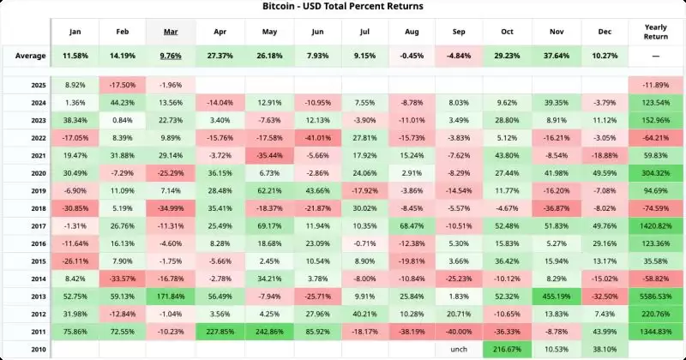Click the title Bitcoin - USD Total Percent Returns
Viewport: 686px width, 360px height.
click(x=343, y=6)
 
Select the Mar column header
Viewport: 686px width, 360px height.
click(x=171, y=33)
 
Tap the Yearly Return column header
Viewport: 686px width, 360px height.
click(x=654, y=33)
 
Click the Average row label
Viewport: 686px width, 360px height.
click(x=30, y=56)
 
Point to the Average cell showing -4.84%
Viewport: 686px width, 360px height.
click(x=460, y=56)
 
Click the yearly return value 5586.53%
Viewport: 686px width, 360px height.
click(x=654, y=297)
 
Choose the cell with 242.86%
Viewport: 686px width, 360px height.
click(x=268, y=331)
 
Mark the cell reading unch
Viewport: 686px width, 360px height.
click(x=460, y=349)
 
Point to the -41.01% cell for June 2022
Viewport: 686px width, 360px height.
click(x=316, y=138)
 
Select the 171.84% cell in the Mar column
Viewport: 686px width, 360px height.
click(x=171, y=297)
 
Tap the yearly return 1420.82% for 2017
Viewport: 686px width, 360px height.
click(x=654, y=225)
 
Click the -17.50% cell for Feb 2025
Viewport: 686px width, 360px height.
click(x=123, y=86)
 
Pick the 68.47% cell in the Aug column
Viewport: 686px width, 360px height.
click(x=412, y=225)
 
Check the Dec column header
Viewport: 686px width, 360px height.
click(x=605, y=33)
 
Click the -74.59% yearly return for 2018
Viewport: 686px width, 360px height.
click(x=654, y=207)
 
